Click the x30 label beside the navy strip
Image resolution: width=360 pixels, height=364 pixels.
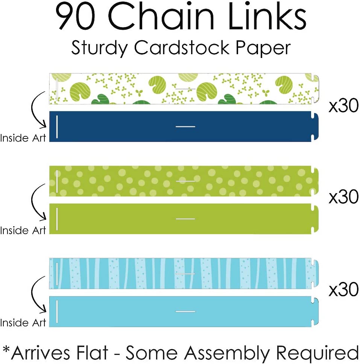pyautogui.click(x=343, y=107)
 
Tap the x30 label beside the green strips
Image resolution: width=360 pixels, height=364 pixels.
pyautogui.click(x=343, y=197)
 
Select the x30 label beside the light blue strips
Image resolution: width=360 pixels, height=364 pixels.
pyautogui.click(x=343, y=290)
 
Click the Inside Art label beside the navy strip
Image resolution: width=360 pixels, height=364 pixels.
pyautogui.click(x=23, y=138)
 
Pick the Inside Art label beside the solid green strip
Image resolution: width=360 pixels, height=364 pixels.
pyautogui.click(x=23, y=230)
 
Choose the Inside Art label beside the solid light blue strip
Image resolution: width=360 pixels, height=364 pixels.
pyautogui.click(x=23, y=323)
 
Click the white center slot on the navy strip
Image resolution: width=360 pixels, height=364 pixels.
pyautogui.click(x=185, y=126)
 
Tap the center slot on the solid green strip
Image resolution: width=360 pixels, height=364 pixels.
pyautogui.click(x=185, y=219)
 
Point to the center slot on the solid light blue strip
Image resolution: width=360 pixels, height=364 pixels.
pyautogui.click(x=185, y=311)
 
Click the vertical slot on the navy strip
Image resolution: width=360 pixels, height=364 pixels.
pyautogui.click(x=57, y=126)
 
